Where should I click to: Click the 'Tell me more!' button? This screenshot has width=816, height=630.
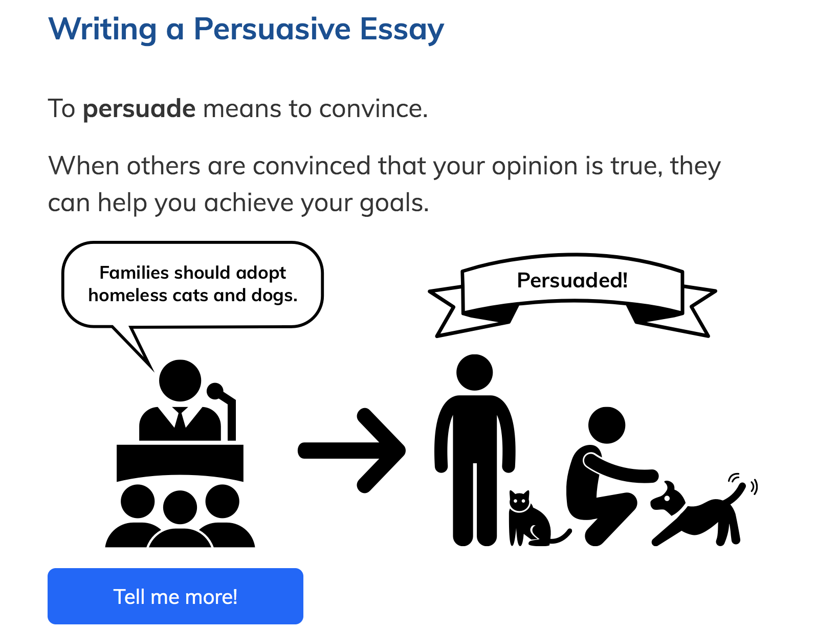point(175,596)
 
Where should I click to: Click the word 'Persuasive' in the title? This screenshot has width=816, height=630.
point(272,29)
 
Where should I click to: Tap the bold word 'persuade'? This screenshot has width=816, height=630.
point(139,109)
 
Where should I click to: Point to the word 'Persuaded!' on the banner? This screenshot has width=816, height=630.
point(572,280)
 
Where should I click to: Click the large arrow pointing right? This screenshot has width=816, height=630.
point(351,451)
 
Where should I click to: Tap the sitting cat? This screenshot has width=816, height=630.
point(533,519)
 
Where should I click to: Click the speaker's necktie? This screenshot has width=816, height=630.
point(180,418)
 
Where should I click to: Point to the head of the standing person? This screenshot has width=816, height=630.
point(474,373)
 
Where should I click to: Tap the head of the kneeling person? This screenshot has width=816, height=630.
point(606,425)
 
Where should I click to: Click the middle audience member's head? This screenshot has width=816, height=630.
point(180,507)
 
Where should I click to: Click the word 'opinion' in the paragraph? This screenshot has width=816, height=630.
point(535,167)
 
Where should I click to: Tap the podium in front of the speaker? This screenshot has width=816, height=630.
point(180,463)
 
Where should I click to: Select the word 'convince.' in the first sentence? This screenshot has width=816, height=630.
point(373,109)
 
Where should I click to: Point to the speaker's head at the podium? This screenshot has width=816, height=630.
point(180,380)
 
